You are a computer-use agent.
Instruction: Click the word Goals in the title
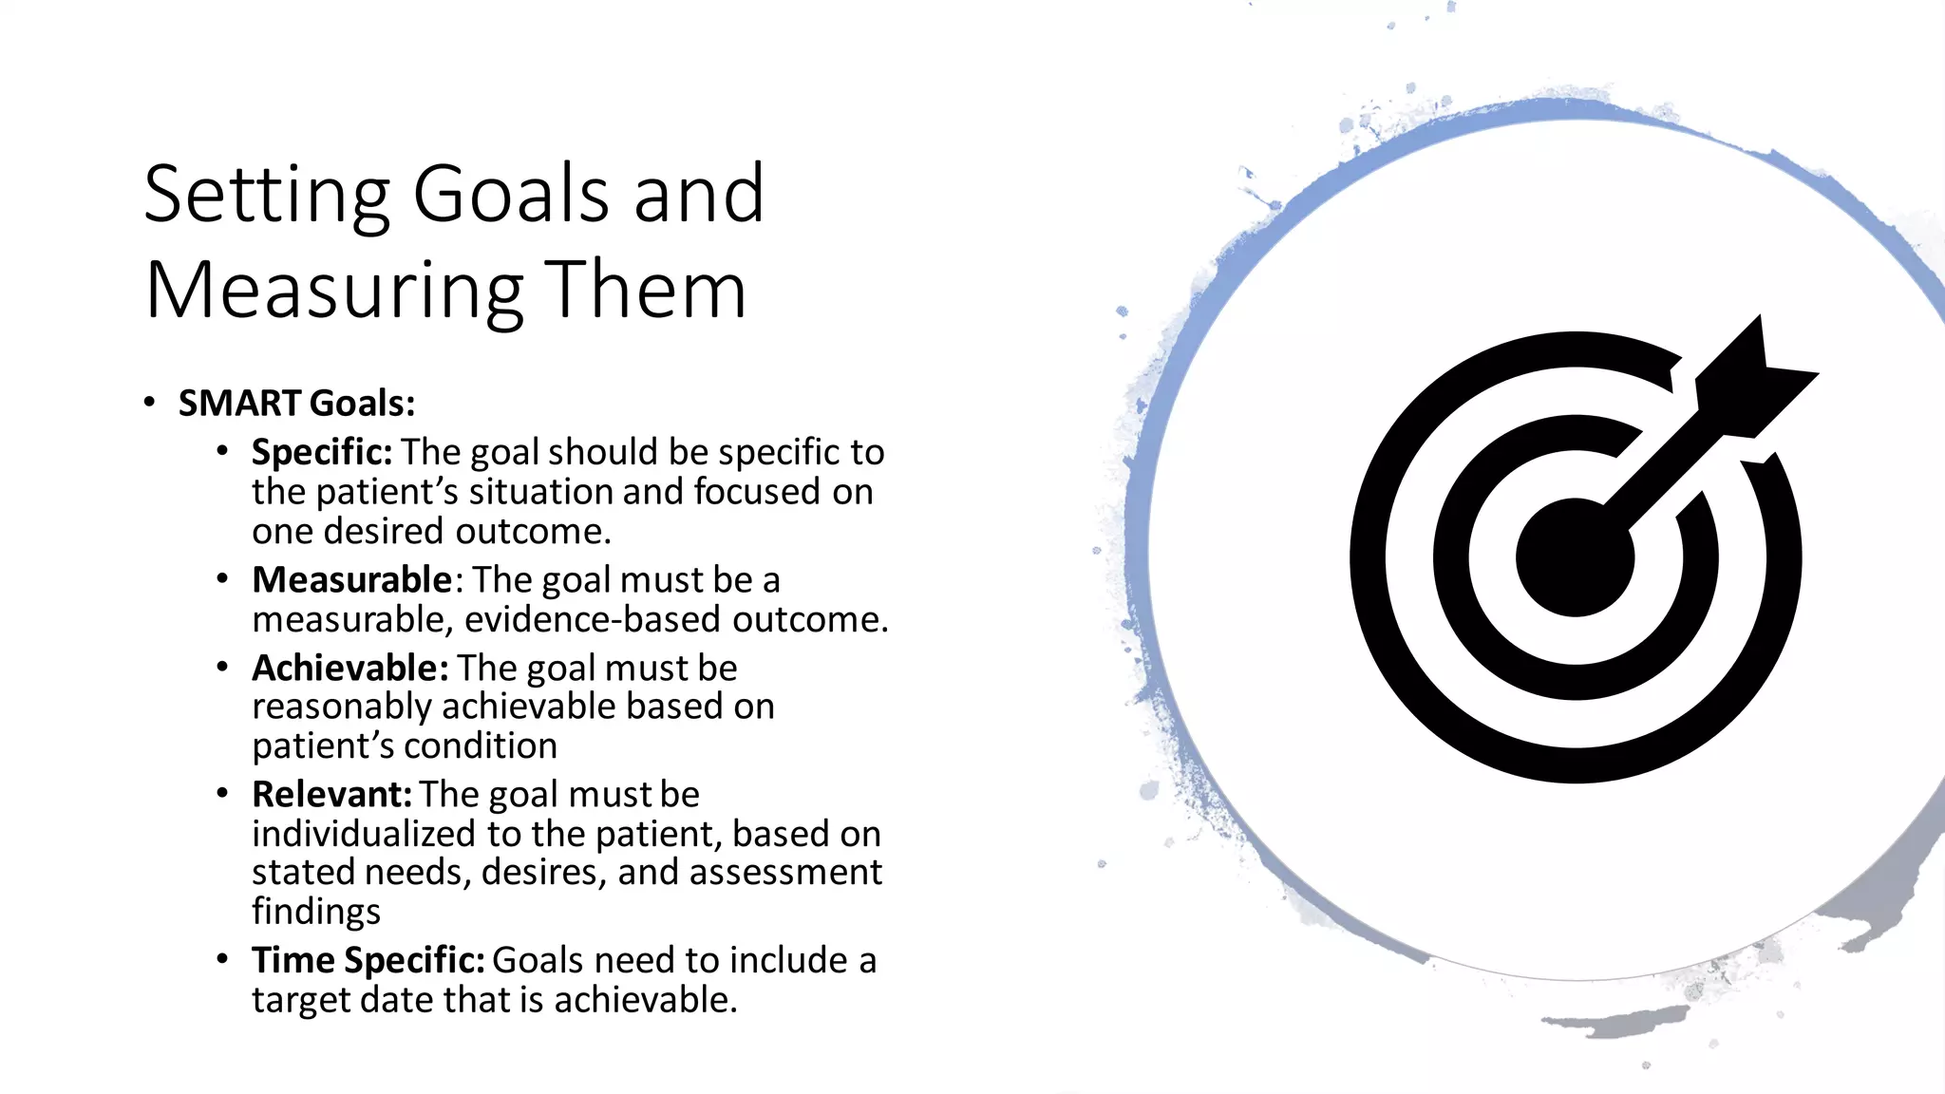(510, 195)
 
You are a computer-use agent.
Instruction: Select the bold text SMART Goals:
(296, 404)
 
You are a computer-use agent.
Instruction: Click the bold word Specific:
(321, 453)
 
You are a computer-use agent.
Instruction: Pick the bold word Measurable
(351, 579)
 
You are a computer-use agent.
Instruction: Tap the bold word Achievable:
(349, 669)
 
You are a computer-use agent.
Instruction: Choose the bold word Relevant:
(331, 795)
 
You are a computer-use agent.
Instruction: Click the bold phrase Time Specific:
(368, 961)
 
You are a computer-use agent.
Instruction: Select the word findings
(316, 912)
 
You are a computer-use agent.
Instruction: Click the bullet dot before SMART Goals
(149, 403)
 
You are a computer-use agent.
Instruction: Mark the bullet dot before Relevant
(222, 794)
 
